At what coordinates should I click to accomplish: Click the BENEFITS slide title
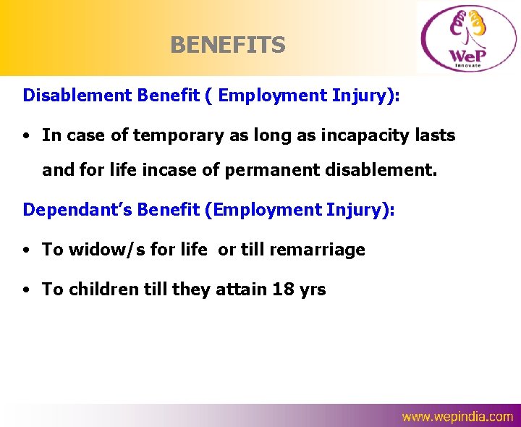(228, 46)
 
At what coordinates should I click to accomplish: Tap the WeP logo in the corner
(466, 38)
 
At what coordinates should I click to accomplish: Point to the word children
(100, 289)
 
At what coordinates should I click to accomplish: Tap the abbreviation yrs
(312, 289)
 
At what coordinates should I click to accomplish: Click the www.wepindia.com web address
(457, 417)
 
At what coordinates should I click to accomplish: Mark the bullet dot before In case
(25, 136)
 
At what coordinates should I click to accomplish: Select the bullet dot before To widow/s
(25, 250)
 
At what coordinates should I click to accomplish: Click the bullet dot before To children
(25, 290)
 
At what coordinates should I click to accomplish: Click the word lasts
(434, 135)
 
